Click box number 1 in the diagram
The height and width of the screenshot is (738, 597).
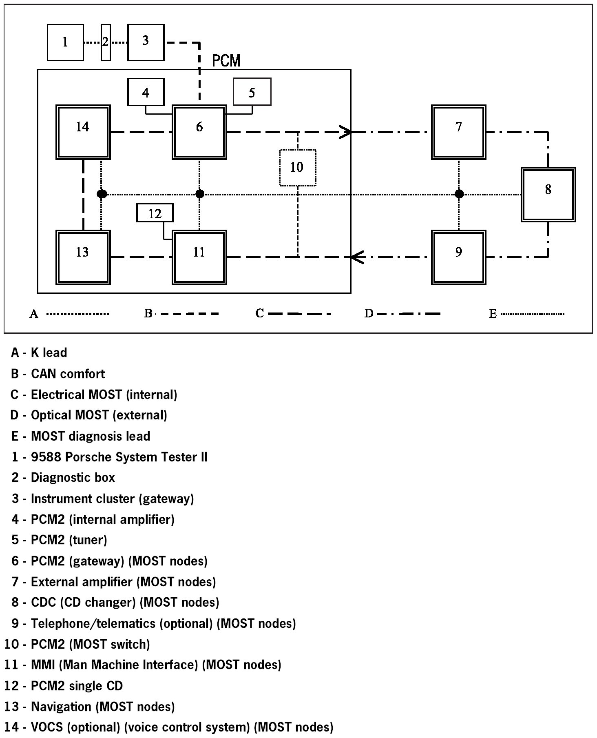65,42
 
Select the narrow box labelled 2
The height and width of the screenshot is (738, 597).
106,42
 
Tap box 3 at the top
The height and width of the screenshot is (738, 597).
146,42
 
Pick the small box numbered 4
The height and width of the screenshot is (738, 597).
146,92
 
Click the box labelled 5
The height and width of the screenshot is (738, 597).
252,92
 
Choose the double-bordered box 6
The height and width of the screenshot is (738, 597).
199,132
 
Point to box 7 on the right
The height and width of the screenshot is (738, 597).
458,132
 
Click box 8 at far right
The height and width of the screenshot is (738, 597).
548,194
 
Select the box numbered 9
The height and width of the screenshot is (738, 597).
458,257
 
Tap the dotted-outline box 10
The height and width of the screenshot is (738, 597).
297,168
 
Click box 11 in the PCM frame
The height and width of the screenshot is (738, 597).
199,257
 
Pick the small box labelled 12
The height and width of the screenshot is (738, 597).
155,213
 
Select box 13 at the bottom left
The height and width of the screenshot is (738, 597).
83,257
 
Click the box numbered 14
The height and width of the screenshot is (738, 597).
83,132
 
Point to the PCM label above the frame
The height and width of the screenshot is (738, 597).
226,61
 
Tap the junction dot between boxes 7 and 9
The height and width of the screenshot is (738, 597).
459,194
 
